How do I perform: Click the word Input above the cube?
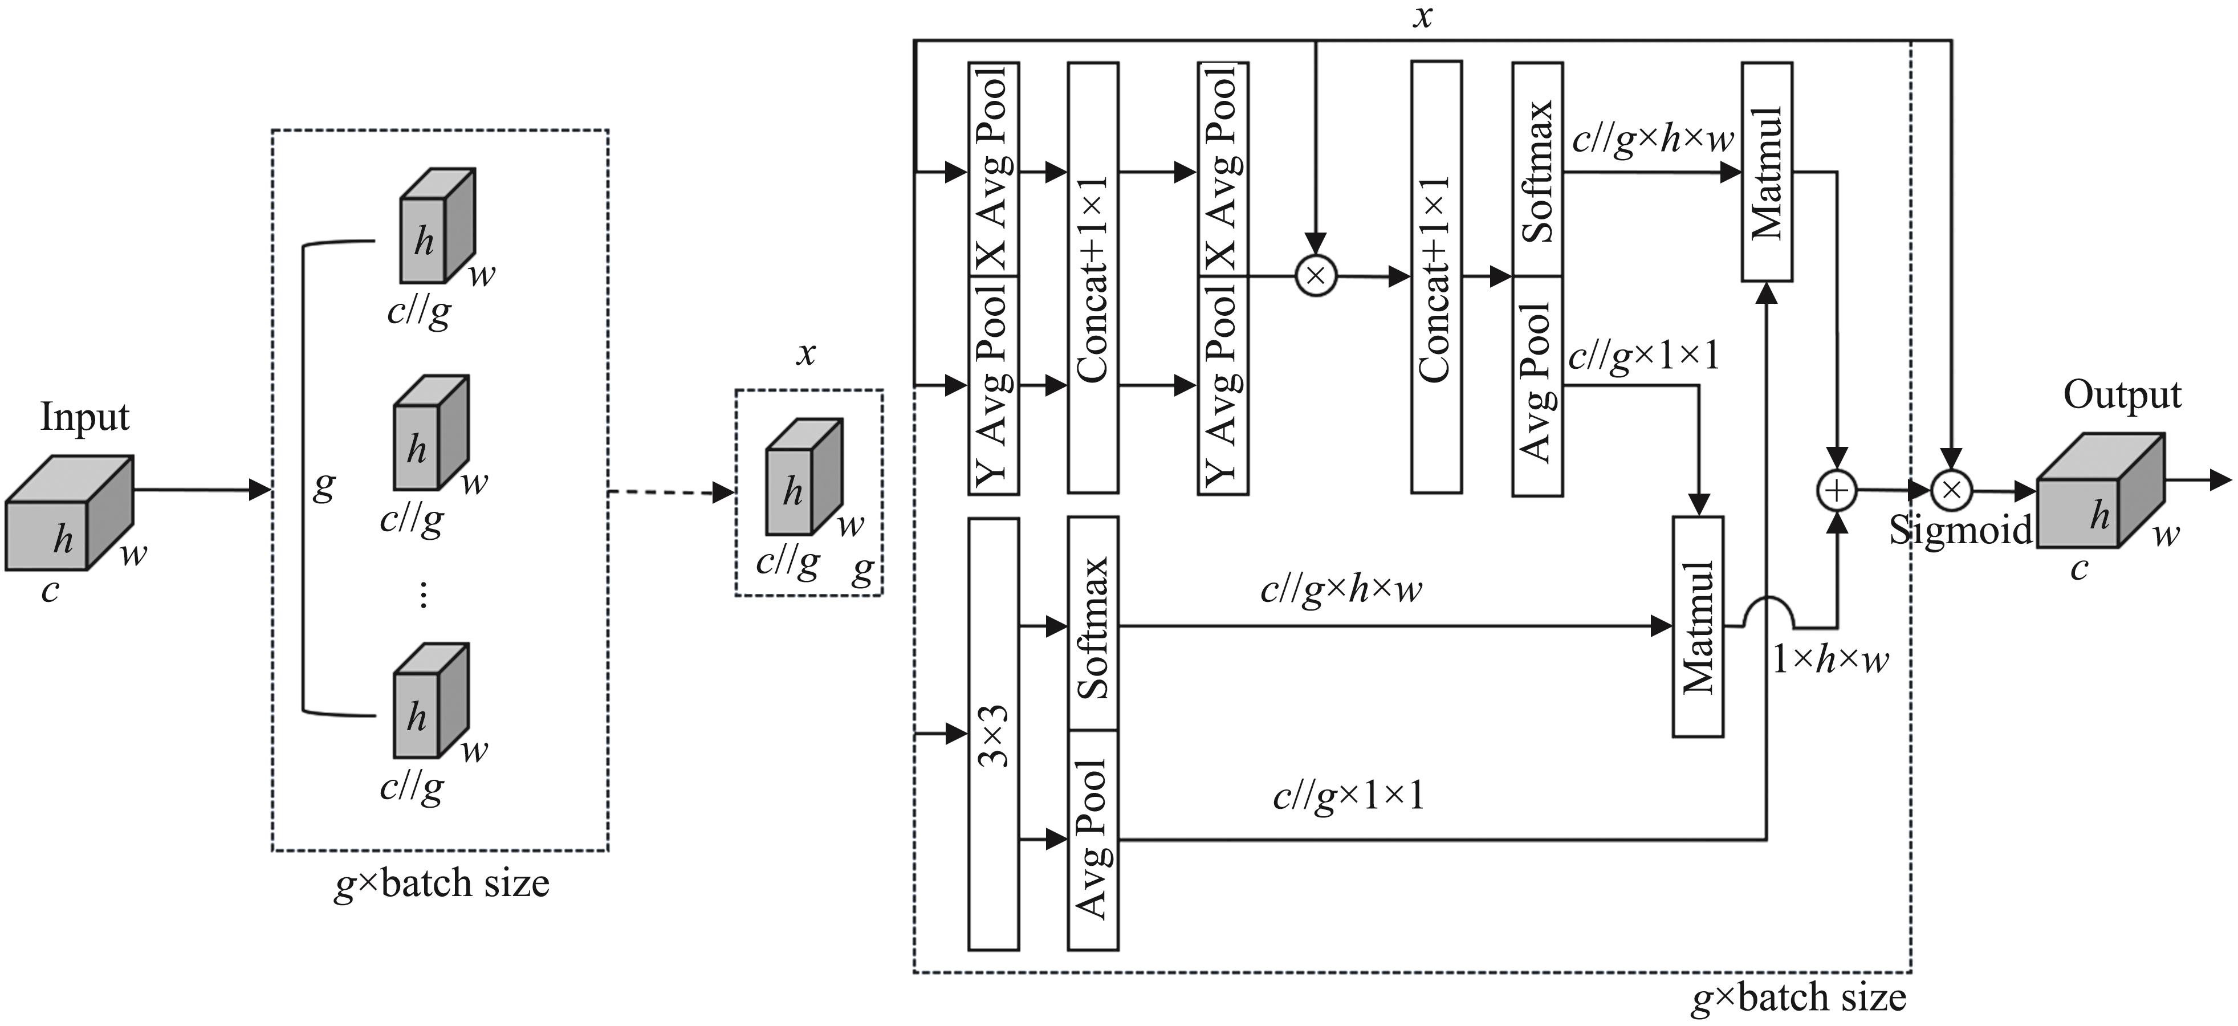point(84,417)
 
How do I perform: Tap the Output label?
point(2122,395)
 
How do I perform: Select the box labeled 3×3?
point(993,734)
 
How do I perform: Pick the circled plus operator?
point(1837,490)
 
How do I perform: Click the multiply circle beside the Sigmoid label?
point(1951,490)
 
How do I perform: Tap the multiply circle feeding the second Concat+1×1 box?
point(1316,276)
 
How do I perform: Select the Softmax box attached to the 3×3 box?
point(1093,624)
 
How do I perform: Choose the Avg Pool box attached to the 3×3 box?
point(1093,839)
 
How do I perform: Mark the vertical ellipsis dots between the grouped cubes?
point(423,595)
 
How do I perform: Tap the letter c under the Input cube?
point(50,591)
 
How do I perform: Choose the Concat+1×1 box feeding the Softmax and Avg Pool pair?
point(1436,276)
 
